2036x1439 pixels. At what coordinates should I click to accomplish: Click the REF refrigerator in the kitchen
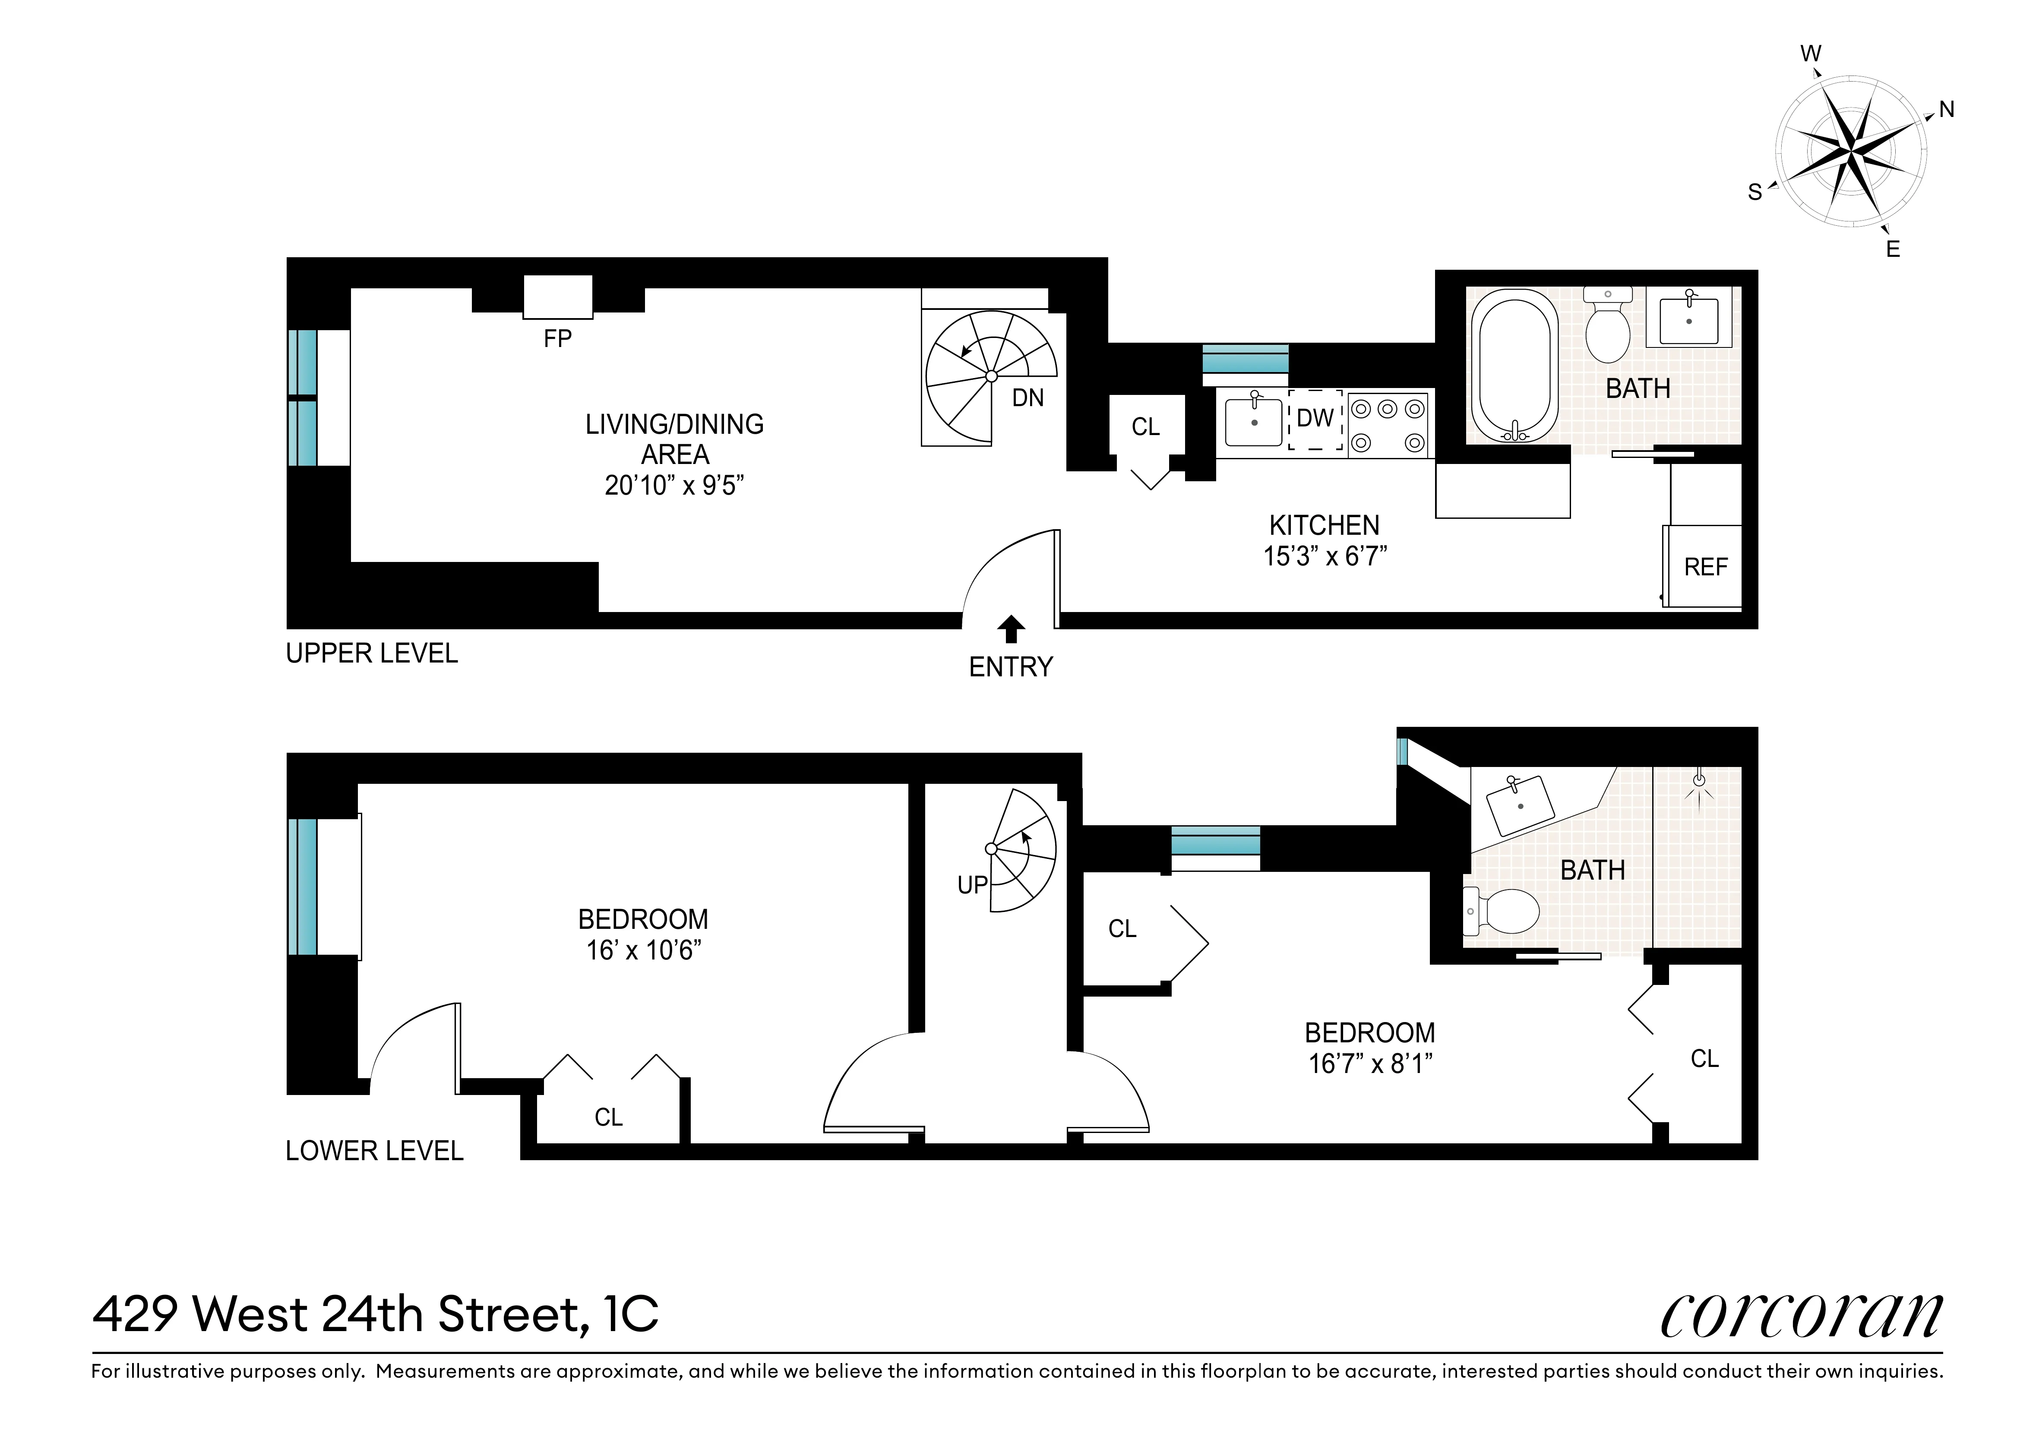point(1704,567)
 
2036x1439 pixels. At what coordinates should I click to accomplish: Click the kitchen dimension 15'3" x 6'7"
point(1325,556)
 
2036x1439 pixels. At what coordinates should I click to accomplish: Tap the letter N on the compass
point(1947,110)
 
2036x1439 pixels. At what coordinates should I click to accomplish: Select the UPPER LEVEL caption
point(372,653)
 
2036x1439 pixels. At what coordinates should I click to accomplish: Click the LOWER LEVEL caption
point(374,1151)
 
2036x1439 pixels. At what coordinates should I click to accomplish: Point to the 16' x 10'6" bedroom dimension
point(643,950)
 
